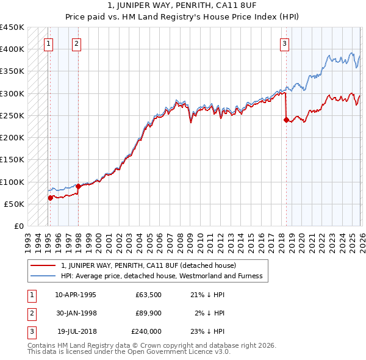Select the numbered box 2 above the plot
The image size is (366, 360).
click(76, 43)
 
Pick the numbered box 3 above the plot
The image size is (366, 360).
click(284, 43)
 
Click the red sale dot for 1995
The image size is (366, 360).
click(51, 197)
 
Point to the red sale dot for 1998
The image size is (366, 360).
click(79, 185)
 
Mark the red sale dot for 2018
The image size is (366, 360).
click(286, 120)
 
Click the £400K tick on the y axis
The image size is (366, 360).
click(12, 49)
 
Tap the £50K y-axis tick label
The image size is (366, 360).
click(15, 204)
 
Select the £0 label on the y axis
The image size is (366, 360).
click(18, 226)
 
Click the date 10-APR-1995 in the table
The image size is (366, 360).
click(75, 295)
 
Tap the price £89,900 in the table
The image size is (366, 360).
click(148, 313)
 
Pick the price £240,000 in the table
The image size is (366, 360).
click(146, 331)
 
